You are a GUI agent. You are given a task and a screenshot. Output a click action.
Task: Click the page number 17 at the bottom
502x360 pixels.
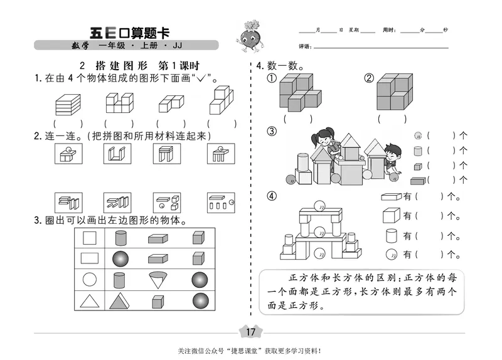pos(250,332)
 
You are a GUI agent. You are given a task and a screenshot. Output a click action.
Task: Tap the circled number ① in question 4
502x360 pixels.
pos(272,78)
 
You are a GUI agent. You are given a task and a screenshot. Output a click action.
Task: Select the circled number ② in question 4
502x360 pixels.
pos(368,78)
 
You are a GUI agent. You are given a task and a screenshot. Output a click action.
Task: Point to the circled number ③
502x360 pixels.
pos(272,131)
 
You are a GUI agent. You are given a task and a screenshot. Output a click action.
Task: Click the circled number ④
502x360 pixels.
pos(272,196)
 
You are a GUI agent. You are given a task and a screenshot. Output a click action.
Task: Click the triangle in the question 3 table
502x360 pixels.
pos(90,301)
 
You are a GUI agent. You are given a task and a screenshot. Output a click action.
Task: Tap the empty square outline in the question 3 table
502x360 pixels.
pos(90,237)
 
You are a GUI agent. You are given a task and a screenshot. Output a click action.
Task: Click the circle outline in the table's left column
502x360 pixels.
pos(90,279)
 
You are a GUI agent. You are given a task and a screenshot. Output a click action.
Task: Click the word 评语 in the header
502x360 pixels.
pos(306,46)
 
